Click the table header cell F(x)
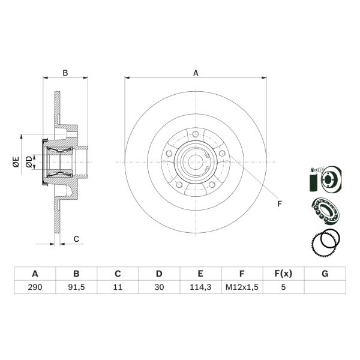click(283, 274)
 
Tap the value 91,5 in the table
click(76, 287)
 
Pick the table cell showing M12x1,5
click(241, 287)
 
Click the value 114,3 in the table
click(200, 287)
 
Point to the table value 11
click(117, 287)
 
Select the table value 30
click(158, 287)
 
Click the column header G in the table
click(325, 274)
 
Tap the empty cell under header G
click(325, 287)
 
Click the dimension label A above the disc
click(196, 73)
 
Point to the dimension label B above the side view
click(66, 73)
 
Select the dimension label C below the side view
click(76, 239)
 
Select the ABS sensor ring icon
click(326, 244)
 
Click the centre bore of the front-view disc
click(196, 161)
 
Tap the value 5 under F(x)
click(283, 287)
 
